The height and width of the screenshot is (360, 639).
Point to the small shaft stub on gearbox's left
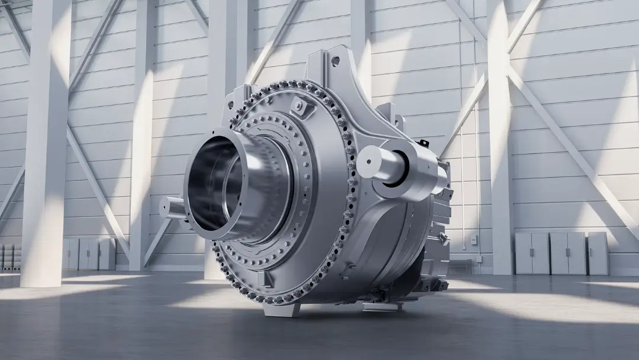[171, 208]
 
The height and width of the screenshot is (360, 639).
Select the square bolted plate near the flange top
[301, 106]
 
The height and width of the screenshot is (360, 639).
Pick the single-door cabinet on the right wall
[598, 253]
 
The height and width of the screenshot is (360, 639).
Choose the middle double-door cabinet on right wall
[567, 253]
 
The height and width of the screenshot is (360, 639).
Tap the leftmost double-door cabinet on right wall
[532, 253]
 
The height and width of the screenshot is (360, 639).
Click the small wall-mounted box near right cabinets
[473, 239]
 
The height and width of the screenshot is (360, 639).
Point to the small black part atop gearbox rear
[422, 142]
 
